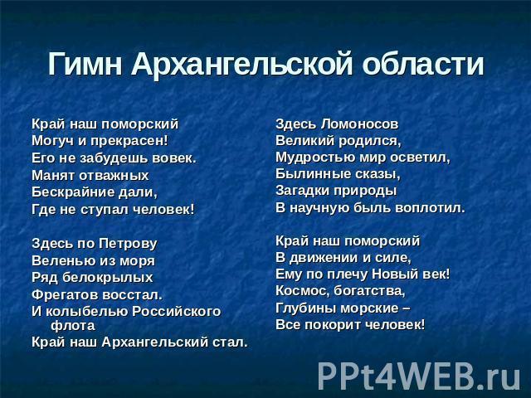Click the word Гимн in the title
click(x=85, y=64)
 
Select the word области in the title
click(x=423, y=64)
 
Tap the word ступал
click(x=105, y=210)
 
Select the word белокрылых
click(x=108, y=278)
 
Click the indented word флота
click(x=73, y=326)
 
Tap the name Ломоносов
click(x=359, y=124)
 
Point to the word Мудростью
click(x=315, y=158)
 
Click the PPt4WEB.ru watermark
click(x=419, y=376)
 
